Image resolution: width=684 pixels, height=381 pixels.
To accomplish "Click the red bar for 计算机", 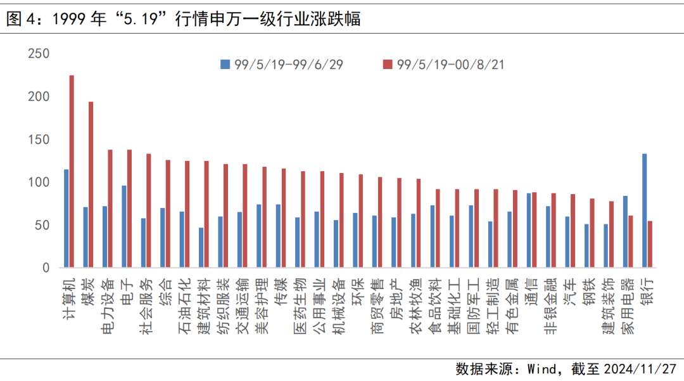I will tap(72, 172).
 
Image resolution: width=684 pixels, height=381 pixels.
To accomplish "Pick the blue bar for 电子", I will tap(124, 227).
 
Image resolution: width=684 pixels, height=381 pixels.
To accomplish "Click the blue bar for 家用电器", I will tap(625, 232).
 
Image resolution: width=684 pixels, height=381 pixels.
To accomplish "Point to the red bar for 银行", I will tap(650, 245).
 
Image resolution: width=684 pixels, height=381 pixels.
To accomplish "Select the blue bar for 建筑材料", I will tap(201, 248).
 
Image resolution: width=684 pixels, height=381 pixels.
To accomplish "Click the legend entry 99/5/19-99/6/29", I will tap(282, 64).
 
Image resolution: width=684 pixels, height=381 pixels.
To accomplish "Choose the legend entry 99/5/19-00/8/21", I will tap(443, 64).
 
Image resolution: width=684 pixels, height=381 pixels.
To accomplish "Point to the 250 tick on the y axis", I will tap(39, 55).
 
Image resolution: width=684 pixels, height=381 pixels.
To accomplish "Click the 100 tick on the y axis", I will tap(39, 183).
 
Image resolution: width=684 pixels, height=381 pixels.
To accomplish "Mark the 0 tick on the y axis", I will tap(45, 268).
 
